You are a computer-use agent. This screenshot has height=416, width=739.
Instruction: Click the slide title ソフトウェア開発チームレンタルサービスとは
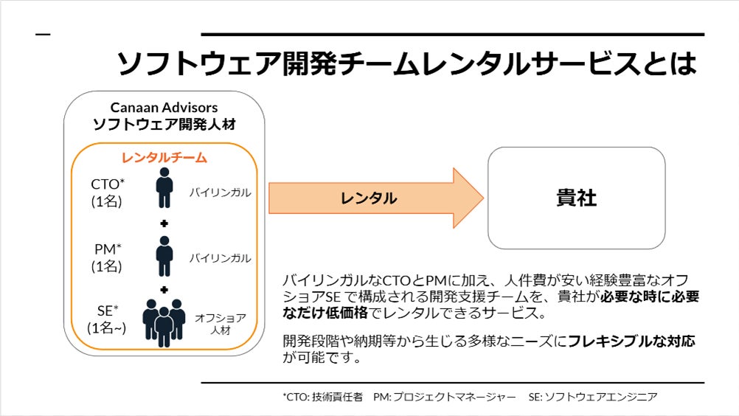(x=406, y=64)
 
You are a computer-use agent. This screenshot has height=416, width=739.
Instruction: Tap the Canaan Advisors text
(x=164, y=108)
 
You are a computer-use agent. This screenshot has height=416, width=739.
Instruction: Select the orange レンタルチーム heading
(x=164, y=158)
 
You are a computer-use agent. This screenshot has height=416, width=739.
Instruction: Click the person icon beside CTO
(x=164, y=188)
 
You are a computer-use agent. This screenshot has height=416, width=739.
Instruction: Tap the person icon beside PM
(x=164, y=255)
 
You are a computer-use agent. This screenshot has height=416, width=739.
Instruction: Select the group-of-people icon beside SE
(x=164, y=322)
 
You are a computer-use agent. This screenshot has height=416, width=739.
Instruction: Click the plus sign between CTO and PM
(x=164, y=223)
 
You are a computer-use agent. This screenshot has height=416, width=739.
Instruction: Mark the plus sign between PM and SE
(x=164, y=289)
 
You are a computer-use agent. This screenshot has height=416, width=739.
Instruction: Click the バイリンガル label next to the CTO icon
(x=220, y=193)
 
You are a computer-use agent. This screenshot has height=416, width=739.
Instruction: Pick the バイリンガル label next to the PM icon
(x=220, y=258)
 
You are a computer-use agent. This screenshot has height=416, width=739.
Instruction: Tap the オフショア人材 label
(x=220, y=325)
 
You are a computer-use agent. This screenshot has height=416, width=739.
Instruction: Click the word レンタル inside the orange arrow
(x=368, y=198)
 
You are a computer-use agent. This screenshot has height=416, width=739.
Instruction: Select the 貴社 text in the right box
(x=576, y=198)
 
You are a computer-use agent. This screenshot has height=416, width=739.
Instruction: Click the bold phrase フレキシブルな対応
(x=631, y=342)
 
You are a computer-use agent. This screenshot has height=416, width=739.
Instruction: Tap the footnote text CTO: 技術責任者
(x=322, y=397)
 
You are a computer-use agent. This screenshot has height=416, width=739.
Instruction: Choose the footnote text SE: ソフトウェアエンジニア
(x=592, y=397)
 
